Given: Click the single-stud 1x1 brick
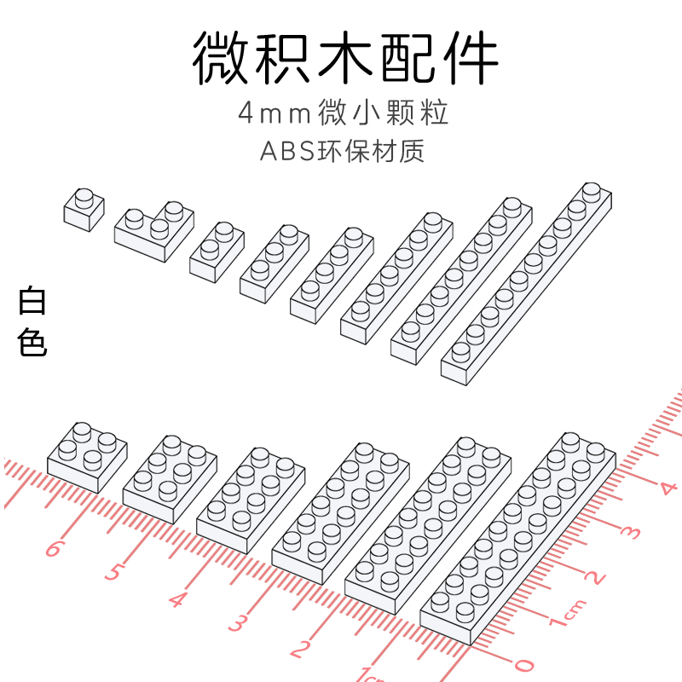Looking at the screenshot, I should point(84,210).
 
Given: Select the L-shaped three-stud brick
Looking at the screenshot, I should point(152,231).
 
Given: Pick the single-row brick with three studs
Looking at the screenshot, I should point(273,263).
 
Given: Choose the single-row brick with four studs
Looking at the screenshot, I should point(331,275).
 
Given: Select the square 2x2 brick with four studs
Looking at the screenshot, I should point(87,456).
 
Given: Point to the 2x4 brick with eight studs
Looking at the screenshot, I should point(250,499).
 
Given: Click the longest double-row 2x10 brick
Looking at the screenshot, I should point(517,537).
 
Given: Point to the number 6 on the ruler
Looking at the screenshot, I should point(53,548).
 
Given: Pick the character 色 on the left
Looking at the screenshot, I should point(32,343).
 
